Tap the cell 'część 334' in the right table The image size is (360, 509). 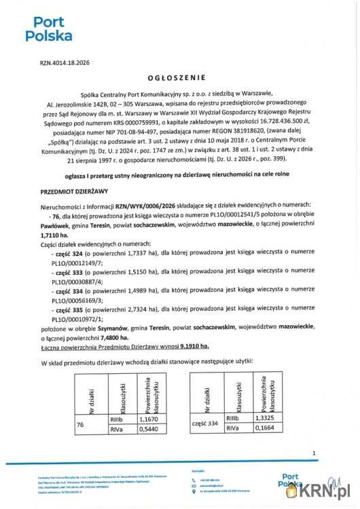tap(207, 423)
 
